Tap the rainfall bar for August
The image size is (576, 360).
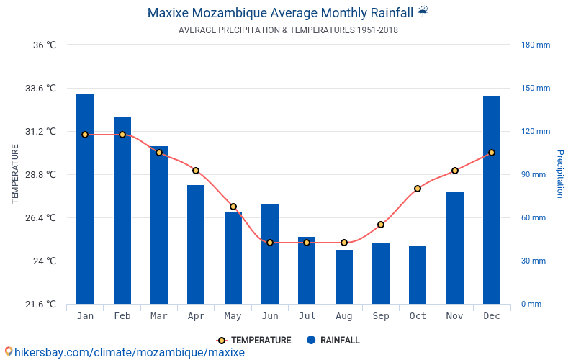344,276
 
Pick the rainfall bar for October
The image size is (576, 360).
418,274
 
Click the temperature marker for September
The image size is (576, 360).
381,225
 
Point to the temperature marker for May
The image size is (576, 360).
233,207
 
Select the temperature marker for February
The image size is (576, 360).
122,135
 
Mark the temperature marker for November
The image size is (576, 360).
455,171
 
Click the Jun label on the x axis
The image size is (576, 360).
270,316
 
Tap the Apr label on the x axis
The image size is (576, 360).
196,316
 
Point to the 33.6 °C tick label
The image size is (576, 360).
40,89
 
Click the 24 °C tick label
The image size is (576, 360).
44,261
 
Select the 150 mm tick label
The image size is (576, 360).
536,89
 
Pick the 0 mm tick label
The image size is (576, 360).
531,305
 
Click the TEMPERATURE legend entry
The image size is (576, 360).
254,341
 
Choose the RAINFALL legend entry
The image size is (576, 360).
333,341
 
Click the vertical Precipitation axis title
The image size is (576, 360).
559,174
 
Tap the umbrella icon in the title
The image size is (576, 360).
423,12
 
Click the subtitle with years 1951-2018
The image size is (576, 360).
288,30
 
